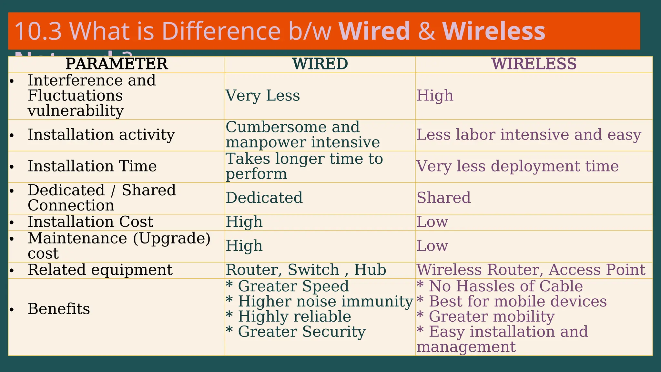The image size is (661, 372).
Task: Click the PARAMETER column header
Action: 117,64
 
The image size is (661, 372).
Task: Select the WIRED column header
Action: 320,64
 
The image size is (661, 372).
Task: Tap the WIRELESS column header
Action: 534,64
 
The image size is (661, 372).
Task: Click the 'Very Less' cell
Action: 263,96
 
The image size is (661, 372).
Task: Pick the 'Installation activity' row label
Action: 101,135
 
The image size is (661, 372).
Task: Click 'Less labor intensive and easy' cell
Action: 529,135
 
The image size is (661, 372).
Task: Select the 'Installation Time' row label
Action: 92,166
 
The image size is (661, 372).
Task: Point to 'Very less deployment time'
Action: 517,166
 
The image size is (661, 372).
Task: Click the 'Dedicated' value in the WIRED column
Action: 264,198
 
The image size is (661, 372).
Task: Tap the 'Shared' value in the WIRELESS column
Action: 443,198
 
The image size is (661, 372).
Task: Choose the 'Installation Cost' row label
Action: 90,222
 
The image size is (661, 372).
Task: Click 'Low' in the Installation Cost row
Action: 432,222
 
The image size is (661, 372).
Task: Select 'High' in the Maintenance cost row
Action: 244,246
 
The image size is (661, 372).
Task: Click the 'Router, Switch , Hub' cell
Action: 306,270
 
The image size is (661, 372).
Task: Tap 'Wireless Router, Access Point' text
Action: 531,270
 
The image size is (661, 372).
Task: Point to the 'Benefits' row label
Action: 59,309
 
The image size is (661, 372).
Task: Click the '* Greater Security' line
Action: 296,332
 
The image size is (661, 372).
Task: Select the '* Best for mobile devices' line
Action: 512,302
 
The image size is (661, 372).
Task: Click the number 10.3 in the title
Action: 38,31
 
